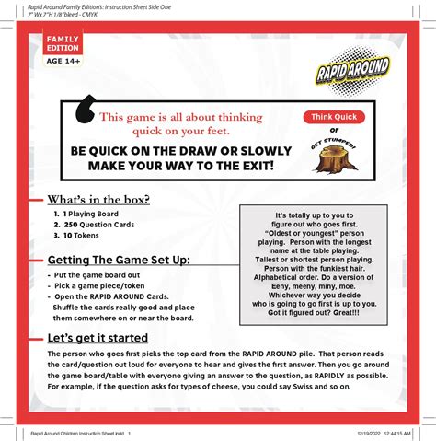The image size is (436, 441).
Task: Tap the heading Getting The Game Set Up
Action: (119, 261)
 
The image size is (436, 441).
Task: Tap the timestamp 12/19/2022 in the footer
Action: (361, 433)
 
